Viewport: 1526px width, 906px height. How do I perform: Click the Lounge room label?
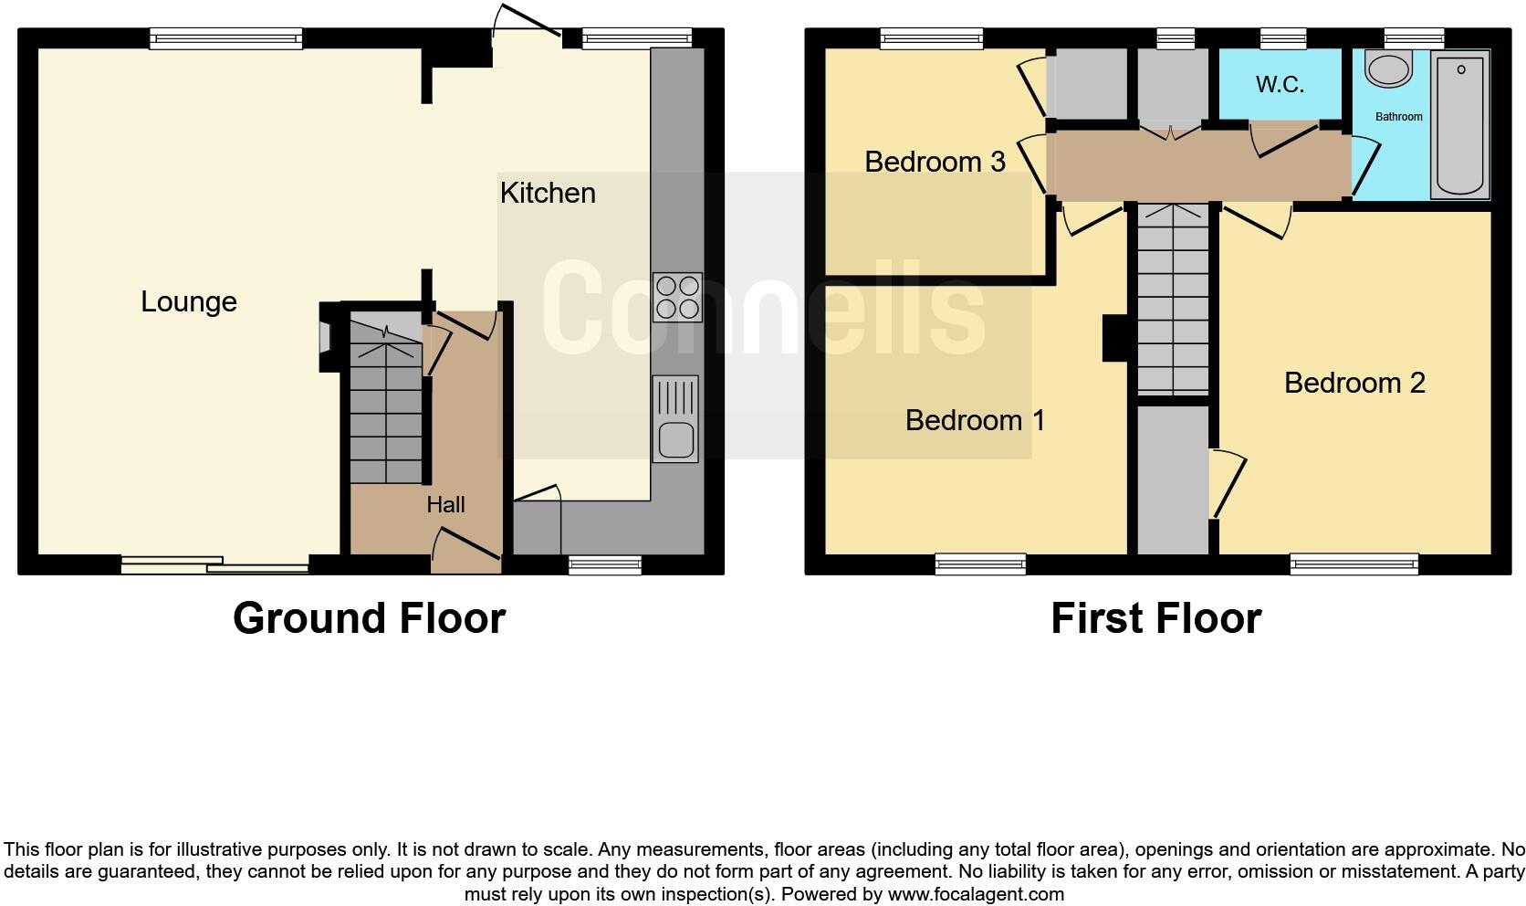pyautogui.click(x=189, y=302)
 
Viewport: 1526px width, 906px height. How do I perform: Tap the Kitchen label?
pyautogui.click(x=548, y=193)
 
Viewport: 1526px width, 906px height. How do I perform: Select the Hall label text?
pyautogui.click(x=445, y=505)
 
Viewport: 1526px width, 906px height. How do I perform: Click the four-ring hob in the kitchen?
pyautogui.click(x=677, y=297)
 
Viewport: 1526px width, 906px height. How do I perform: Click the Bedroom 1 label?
pyautogui.click(x=975, y=420)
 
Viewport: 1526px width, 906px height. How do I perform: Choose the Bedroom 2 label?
pyautogui.click(x=1354, y=383)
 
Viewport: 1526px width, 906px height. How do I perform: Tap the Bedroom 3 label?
pyautogui.click(x=935, y=162)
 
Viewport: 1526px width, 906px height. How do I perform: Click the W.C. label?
pyautogui.click(x=1280, y=85)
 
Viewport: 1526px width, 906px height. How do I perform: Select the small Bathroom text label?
pyautogui.click(x=1399, y=117)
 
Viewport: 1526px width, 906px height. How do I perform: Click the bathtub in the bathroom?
pyautogui.click(x=1460, y=124)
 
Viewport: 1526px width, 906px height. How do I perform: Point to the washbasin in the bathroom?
pyautogui.click(x=1388, y=68)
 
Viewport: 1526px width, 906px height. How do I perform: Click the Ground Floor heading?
pyautogui.click(x=369, y=618)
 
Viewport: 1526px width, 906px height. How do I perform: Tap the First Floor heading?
pyautogui.click(x=1155, y=618)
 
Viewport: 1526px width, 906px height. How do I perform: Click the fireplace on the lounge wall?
pyautogui.click(x=326, y=338)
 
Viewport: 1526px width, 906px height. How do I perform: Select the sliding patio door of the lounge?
pyautogui.click(x=215, y=565)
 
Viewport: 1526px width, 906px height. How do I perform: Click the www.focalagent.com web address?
pyautogui.click(x=976, y=894)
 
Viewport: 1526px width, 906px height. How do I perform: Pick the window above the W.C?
pyautogui.click(x=1282, y=38)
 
